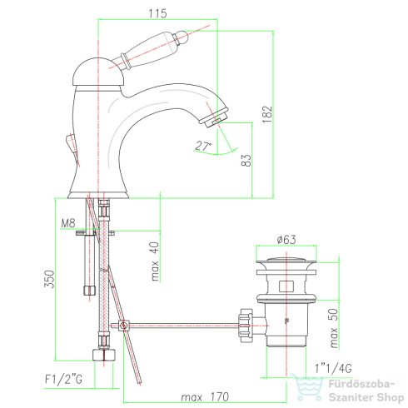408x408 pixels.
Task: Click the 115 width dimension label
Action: (157, 13)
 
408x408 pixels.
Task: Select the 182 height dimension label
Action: (268, 114)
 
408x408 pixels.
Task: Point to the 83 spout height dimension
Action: (246, 160)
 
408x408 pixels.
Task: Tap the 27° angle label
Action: (203, 146)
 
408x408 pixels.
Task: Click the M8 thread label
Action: (68, 222)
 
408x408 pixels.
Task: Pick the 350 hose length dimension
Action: (49, 279)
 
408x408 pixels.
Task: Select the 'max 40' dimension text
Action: (155, 261)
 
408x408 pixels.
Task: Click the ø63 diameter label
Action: (286, 239)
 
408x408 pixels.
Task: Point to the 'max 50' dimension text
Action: (334, 328)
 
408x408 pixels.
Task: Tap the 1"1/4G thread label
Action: (333, 368)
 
